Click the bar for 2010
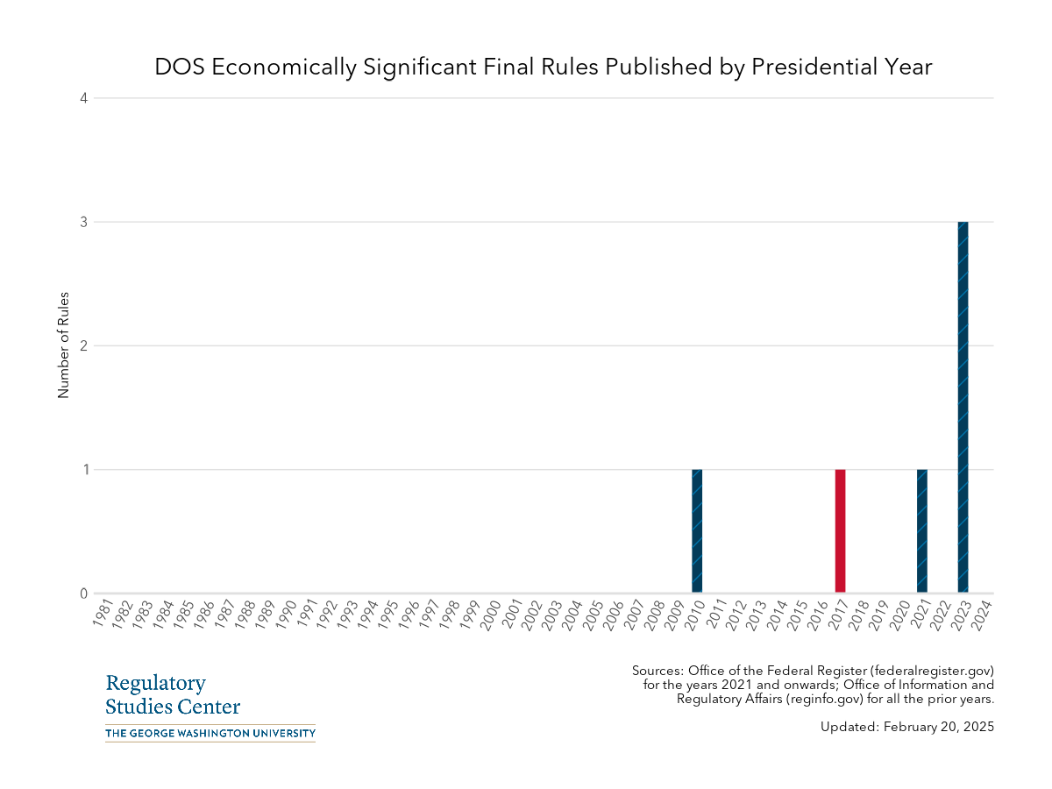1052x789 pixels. coord(697,531)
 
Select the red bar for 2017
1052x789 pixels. coord(840,531)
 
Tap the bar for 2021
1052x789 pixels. coord(921,531)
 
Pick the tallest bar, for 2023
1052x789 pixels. coord(963,408)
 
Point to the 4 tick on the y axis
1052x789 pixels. coord(84,98)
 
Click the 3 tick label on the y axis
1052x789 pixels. coord(84,222)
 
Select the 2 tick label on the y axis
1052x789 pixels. coord(84,345)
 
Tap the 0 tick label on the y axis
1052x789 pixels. coord(84,594)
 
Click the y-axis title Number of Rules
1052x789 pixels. coord(63,345)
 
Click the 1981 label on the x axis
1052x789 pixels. coord(102,612)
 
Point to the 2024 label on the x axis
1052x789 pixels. coord(982,612)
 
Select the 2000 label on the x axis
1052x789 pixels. coord(491,612)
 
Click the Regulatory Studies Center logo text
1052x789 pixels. coord(173,695)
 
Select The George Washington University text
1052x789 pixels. coord(210,733)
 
